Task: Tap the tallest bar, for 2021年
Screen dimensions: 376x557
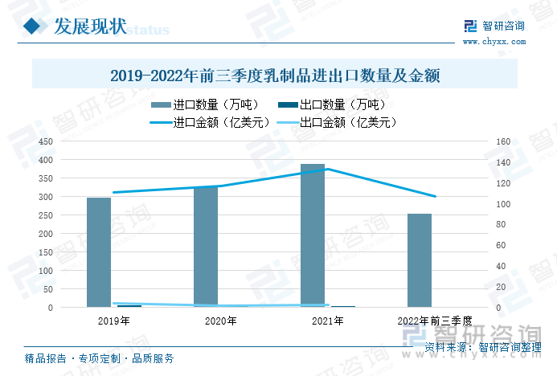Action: (313, 235)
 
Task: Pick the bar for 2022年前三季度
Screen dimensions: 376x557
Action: (420, 260)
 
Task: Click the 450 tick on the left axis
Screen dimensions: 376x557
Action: (46, 141)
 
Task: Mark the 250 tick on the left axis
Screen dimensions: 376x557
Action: (46, 215)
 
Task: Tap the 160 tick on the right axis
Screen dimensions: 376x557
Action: (504, 141)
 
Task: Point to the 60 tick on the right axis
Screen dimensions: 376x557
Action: (502, 246)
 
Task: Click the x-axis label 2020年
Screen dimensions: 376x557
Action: (220, 321)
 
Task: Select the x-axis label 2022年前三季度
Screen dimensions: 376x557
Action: (434, 321)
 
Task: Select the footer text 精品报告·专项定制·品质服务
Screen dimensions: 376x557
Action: (100, 358)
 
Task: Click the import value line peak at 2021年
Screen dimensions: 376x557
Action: (326, 169)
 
